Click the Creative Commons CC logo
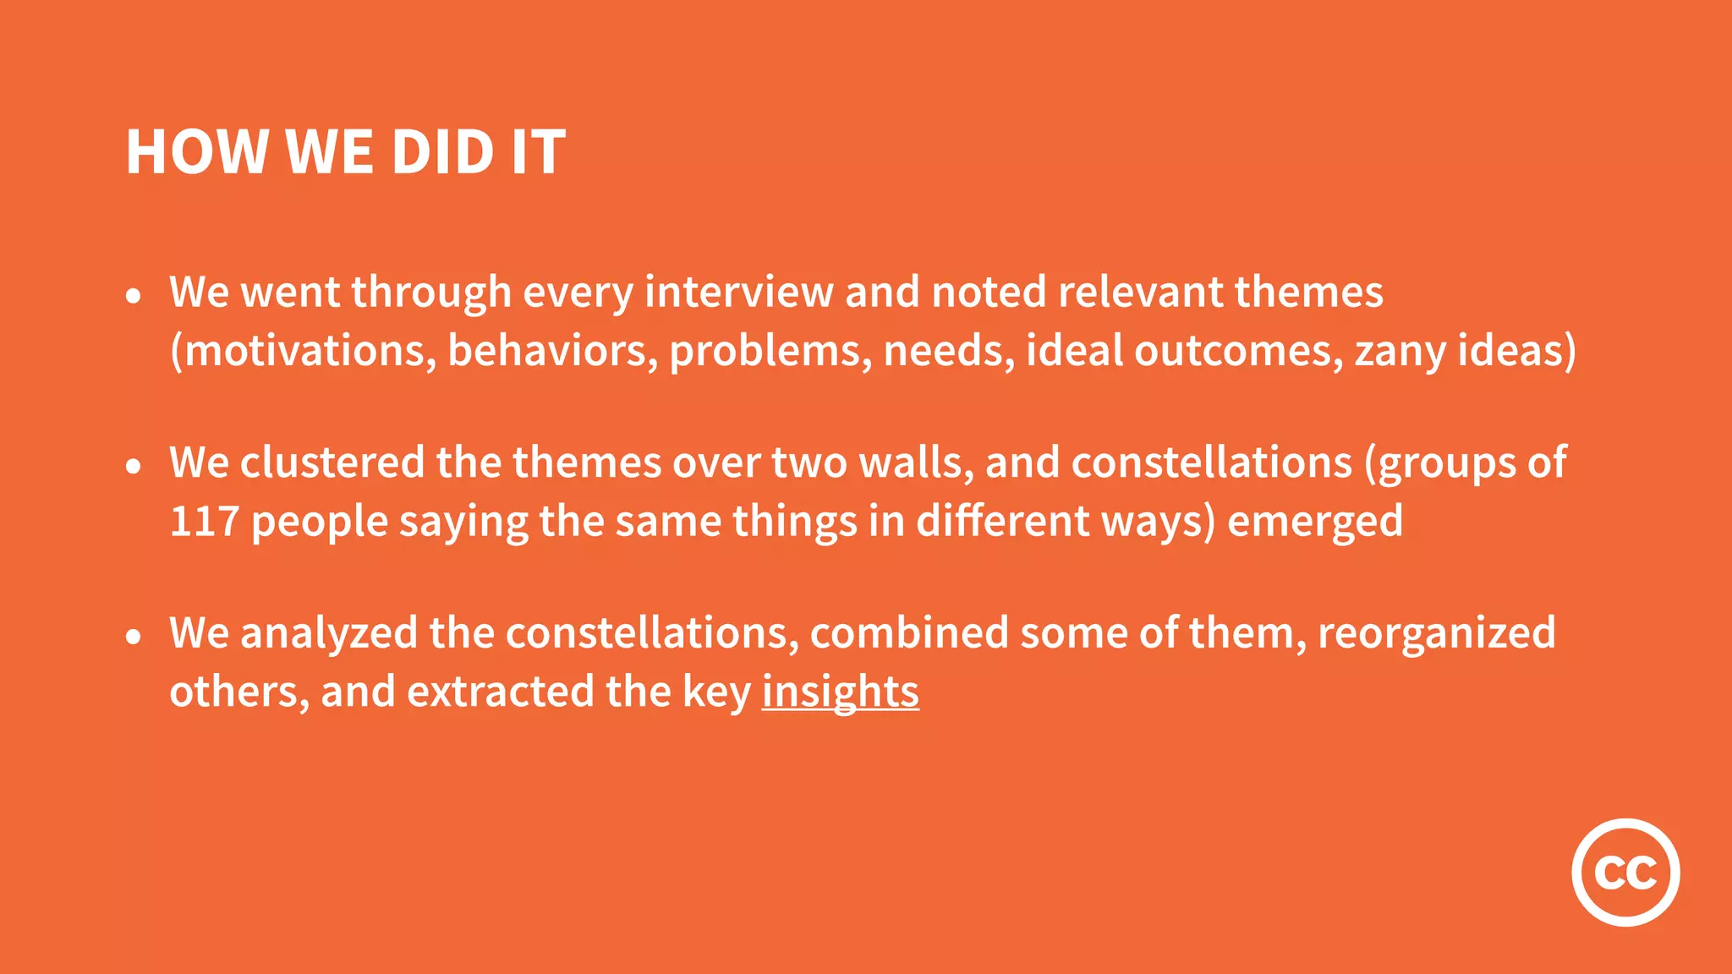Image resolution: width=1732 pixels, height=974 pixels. coord(1625,872)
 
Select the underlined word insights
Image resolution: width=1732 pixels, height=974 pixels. coord(840,692)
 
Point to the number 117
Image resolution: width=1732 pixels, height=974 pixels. coord(204,521)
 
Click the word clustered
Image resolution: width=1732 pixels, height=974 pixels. coord(332,462)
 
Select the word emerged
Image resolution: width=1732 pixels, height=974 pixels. coord(1315,521)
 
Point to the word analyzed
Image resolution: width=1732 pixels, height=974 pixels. coord(329,633)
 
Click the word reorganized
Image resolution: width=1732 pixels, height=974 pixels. coord(1436,633)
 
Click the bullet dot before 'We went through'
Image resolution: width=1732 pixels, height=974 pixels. coord(133,296)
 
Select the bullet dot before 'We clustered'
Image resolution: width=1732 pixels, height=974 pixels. coord(133,466)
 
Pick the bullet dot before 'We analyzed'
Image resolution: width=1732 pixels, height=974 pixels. coord(133,637)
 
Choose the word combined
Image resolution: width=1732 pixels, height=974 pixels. coord(909,633)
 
